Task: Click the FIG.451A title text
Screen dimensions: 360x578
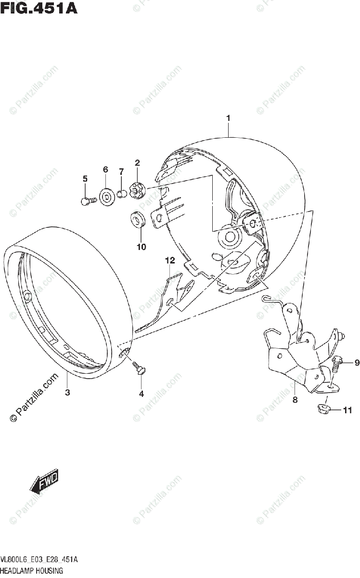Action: click(39, 8)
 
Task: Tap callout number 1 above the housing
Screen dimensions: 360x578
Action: click(228, 118)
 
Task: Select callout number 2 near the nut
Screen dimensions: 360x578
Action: click(137, 163)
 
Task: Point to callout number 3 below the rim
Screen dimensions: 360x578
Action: click(67, 393)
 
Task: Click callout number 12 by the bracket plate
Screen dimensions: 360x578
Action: click(169, 261)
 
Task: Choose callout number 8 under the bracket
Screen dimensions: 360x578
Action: click(295, 399)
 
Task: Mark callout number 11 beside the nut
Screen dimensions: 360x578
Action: click(347, 410)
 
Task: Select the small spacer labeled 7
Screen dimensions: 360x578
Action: click(122, 194)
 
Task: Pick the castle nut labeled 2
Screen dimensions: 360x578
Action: click(137, 188)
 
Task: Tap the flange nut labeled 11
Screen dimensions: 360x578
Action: click(324, 410)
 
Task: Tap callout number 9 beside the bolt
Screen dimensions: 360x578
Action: click(357, 363)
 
